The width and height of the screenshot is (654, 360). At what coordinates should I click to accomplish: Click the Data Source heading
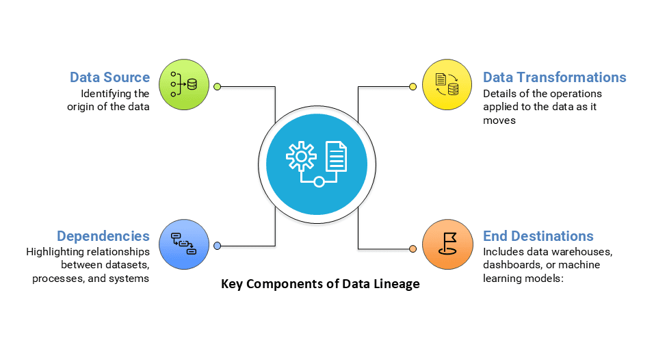click(109, 77)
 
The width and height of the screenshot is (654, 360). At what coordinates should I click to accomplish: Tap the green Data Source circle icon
click(183, 86)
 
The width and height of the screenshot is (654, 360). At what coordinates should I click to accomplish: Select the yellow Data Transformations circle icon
click(446, 86)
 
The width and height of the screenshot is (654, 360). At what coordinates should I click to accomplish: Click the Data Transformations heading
click(554, 77)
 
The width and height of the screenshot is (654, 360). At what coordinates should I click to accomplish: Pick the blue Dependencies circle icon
click(183, 244)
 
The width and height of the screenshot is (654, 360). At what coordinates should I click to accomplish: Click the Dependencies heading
click(103, 236)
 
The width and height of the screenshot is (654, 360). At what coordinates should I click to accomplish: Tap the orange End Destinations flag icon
click(446, 244)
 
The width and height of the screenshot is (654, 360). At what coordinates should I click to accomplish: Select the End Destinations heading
click(538, 236)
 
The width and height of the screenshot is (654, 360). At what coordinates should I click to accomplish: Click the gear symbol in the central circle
click(300, 156)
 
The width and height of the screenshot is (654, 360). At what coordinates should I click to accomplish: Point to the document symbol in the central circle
click(335, 156)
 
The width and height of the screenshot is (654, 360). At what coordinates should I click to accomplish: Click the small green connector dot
click(218, 86)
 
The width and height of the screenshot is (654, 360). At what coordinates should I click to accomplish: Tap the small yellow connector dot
click(413, 86)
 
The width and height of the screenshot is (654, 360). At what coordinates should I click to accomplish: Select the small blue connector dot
click(218, 246)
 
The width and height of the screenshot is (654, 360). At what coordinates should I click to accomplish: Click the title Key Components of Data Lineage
click(320, 284)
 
